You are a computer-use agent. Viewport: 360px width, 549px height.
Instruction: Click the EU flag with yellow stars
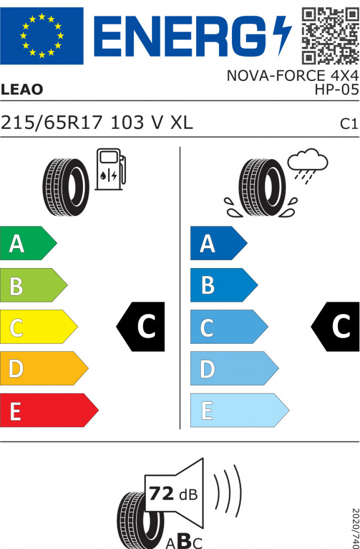42,36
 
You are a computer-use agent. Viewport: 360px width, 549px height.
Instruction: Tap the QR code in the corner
330,36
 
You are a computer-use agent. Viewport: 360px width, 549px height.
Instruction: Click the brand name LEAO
21,90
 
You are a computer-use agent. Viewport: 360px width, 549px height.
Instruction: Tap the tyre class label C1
349,124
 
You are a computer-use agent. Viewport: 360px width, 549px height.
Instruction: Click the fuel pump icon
110,169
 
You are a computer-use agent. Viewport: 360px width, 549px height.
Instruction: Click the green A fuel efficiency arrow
28,243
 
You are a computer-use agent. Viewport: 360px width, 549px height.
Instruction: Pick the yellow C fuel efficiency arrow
39,327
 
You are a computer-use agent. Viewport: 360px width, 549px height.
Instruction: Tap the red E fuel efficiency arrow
49,410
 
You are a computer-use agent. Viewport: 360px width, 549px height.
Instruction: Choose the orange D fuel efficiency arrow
44,368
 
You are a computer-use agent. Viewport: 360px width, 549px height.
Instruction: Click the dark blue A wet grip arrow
219,243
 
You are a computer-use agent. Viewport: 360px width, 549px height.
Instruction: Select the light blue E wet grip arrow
239,410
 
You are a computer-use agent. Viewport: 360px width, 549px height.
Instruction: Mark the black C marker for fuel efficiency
140,327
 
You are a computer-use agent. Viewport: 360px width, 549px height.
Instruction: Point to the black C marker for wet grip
335,327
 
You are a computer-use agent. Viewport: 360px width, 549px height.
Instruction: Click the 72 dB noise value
173,494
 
